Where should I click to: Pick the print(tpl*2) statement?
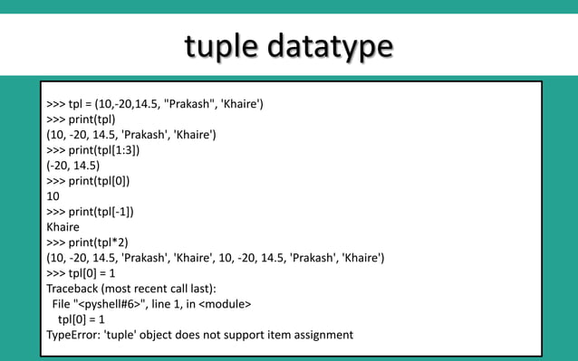click(x=101, y=242)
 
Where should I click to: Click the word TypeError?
click(x=75, y=334)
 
